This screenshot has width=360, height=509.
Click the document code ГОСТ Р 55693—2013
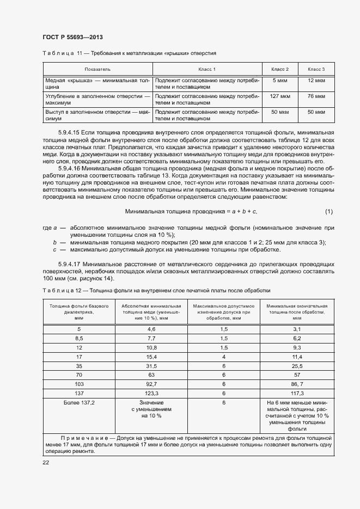click(x=72, y=37)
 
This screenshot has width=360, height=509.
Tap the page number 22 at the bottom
click(x=46, y=462)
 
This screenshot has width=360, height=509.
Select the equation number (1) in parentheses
click(x=329, y=211)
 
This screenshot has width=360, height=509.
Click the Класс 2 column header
click(x=279, y=70)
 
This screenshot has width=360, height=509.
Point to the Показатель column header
click(x=97, y=70)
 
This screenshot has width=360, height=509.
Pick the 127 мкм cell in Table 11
click(x=279, y=96)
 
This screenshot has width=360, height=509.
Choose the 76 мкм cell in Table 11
click(x=316, y=96)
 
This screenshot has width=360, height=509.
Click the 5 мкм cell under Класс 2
click(x=279, y=81)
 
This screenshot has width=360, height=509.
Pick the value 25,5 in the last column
click(x=297, y=366)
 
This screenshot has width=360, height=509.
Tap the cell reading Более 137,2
click(x=79, y=402)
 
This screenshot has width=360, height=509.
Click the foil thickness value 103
click(x=79, y=384)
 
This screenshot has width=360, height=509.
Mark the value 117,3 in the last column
click(x=297, y=393)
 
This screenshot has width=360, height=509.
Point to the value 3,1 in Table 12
click(x=297, y=329)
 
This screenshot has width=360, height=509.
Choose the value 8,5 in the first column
click(x=79, y=338)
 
